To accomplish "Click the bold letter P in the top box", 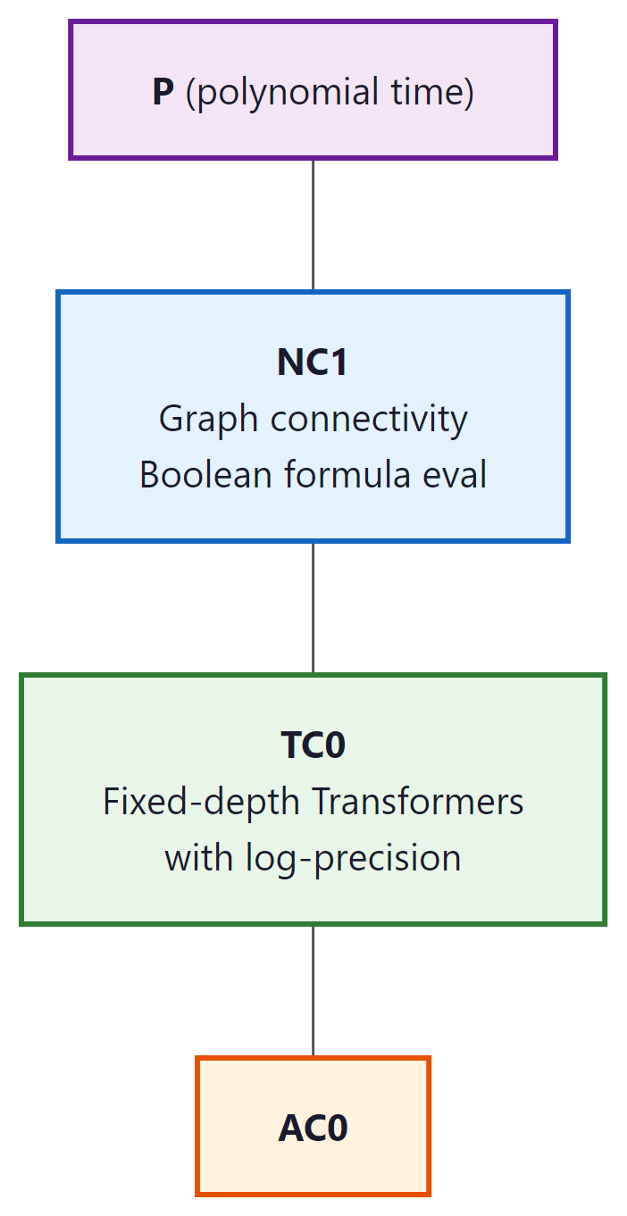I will pos(163,92).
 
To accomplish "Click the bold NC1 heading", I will pos(313,362).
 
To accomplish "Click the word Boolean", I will pos(205,474).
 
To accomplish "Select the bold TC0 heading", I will pos(313,745).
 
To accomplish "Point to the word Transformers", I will pos(417,802).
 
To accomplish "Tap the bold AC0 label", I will pos(313,1129).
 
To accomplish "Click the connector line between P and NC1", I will pos(313,225).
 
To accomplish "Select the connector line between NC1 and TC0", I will pos(313,607).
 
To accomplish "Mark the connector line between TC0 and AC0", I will pos(313,991).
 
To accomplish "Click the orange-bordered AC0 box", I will pos(232,1161).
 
